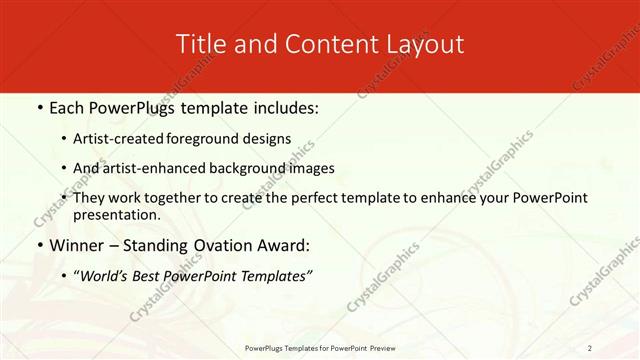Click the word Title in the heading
pyautogui.click(x=198, y=44)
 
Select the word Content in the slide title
pyautogui.click(x=322, y=44)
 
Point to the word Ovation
pyautogui.click(x=220, y=245)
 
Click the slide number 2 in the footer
pyautogui.click(x=589, y=348)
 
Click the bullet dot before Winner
pyautogui.click(x=40, y=246)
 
